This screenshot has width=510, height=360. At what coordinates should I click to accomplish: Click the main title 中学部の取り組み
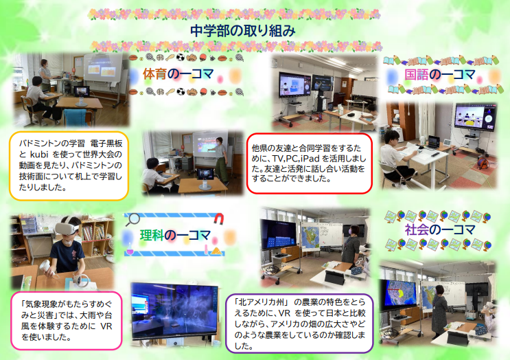tap(242, 31)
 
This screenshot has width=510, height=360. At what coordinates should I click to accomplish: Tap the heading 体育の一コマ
tap(178, 74)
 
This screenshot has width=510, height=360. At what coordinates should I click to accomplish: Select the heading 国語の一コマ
tap(439, 75)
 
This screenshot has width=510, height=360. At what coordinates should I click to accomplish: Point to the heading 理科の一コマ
tap(175, 236)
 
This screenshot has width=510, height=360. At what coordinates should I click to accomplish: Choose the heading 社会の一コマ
tap(440, 229)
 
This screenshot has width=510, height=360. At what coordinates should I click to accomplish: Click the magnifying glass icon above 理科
tap(132, 219)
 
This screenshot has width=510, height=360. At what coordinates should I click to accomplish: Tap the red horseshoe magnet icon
tap(218, 218)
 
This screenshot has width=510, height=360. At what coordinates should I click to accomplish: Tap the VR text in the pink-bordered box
tap(106, 326)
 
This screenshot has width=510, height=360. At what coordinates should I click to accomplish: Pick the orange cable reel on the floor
tap(483, 162)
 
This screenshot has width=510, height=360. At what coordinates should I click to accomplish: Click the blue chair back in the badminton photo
tap(76, 117)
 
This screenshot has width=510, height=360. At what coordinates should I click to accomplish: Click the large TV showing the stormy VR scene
tap(174, 311)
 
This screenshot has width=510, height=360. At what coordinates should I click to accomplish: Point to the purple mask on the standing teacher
tap(351, 231)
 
